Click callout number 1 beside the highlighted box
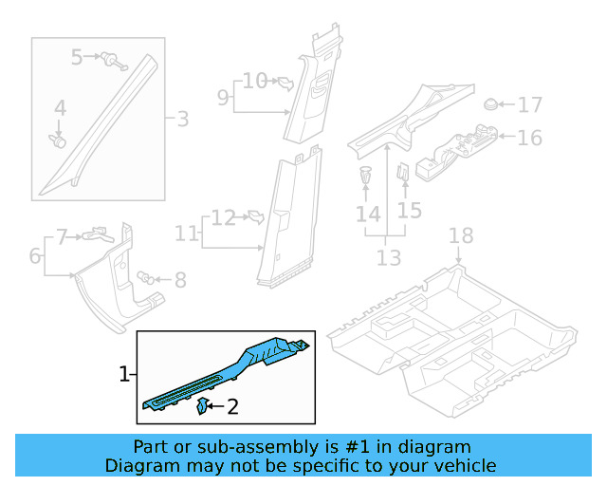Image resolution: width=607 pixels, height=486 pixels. pos(124,376)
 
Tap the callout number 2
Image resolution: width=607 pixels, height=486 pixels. pos(233,408)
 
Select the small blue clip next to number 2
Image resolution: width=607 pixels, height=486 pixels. pos(203,407)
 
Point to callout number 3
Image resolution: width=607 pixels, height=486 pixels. pos(182,119)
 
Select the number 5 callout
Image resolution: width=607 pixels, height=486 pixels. pos(78,58)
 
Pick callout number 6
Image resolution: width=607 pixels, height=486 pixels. pos(35,255)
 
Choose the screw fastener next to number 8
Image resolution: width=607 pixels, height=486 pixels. pos(147,277)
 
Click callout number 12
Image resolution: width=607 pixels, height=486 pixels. pos(222,218)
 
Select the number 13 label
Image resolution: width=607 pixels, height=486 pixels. pos(389,257)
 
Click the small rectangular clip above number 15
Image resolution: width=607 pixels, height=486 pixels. pos(401,173)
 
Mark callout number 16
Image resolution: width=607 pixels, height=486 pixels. pos(529,138)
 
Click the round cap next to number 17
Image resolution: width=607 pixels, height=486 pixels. pos(491,104)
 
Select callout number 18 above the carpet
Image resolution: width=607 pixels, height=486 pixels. pos(460,236)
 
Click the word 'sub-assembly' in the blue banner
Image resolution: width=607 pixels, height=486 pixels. pos(233,446)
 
